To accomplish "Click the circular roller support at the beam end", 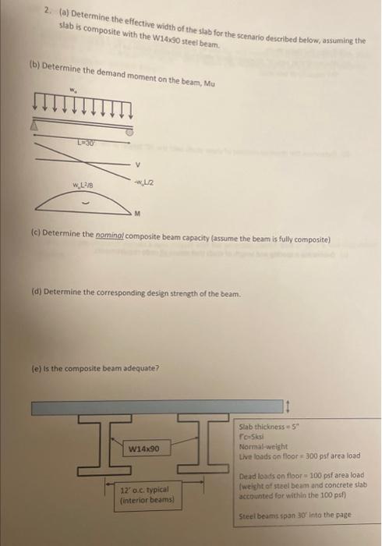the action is coord(129,133).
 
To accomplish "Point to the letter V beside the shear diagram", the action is coord(137,165).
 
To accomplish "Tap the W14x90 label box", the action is coord(144,449).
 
